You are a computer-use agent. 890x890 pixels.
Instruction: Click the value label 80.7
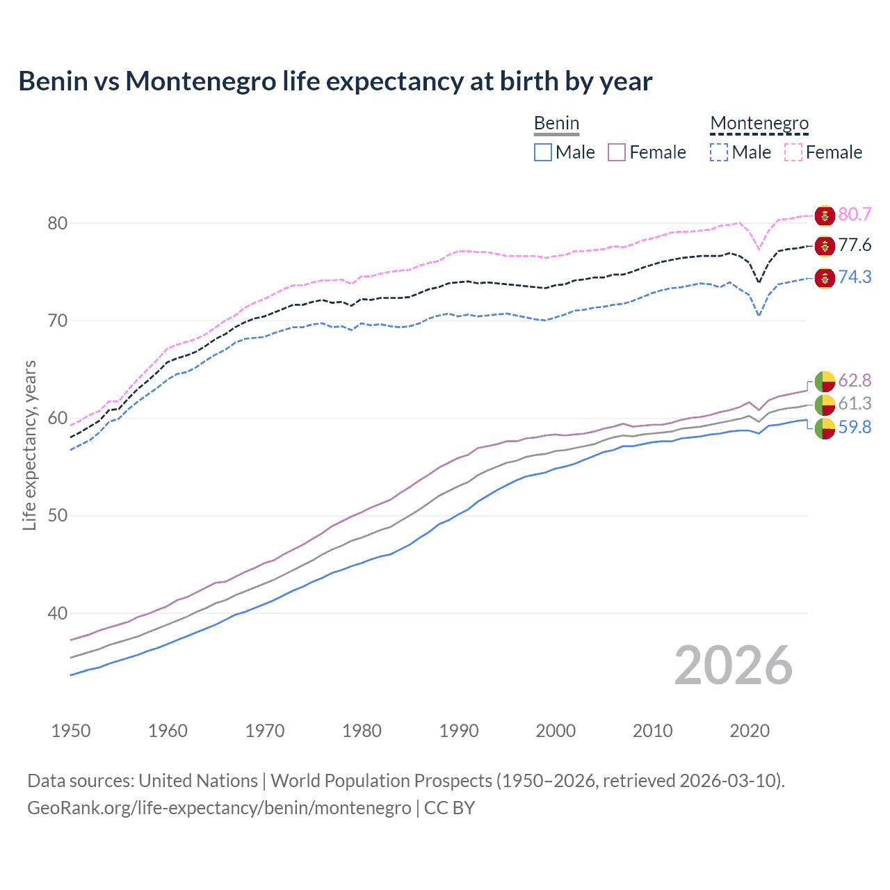pyautogui.click(x=855, y=214)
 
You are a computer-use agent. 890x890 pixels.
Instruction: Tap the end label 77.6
pyautogui.click(x=855, y=245)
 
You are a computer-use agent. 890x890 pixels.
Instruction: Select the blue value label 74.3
pyautogui.click(x=855, y=277)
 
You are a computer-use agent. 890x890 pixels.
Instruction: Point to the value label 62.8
pyautogui.click(x=855, y=380)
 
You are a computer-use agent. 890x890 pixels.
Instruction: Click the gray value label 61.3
pyautogui.click(x=855, y=403)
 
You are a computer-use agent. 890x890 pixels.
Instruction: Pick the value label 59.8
pyautogui.click(x=855, y=427)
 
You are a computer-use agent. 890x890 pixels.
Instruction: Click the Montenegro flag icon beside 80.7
pyautogui.click(x=825, y=215)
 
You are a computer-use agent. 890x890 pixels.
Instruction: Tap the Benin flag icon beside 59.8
pyautogui.click(x=825, y=428)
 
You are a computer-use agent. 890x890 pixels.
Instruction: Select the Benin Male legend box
pyautogui.click(x=543, y=152)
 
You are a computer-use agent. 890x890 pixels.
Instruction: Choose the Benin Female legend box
pyautogui.click(x=617, y=152)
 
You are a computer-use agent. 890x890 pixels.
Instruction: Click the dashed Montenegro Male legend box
pyautogui.click(x=719, y=152)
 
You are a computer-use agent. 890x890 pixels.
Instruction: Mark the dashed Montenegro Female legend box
pyautogui.click(x=793, y=152)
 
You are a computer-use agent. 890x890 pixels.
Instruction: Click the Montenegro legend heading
pyautogui.click(x=759, y=124)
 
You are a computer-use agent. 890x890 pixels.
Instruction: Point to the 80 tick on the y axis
pyautogui.click(x=57, y=223)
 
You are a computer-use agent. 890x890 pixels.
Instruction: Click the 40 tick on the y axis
pyautogui.click(x=57, y=613)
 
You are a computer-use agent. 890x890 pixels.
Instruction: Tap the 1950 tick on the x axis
pyautogui.click(x=71, y=731)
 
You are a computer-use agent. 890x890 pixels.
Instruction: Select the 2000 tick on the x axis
pyautogui.click(x=556, y=731)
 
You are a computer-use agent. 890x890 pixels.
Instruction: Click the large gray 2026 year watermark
pyautogui.click(x=733, y=665)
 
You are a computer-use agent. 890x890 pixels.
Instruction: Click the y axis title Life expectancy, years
pyautogui.click(x=29, y=445)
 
